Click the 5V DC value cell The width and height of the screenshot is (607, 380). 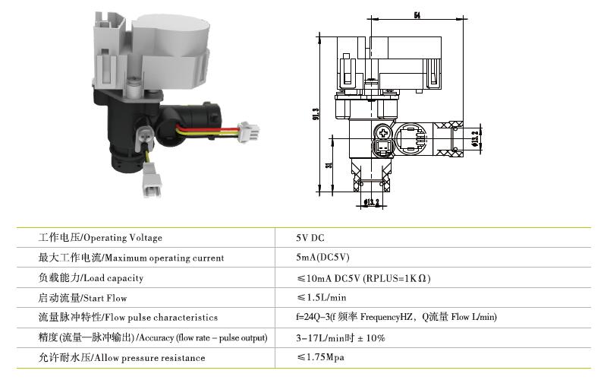310,238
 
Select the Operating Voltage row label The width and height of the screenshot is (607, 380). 100,238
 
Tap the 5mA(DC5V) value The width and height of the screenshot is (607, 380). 322,257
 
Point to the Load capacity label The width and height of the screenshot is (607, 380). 91,277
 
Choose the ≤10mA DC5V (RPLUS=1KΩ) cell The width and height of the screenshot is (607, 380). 363,278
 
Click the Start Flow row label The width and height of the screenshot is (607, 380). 83,298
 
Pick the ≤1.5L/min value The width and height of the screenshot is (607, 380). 321,297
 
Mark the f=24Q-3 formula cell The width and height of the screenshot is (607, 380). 396,317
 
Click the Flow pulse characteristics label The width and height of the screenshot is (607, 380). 128,317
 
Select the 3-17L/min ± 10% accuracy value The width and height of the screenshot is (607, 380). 340,337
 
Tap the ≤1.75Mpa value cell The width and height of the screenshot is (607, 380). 320,356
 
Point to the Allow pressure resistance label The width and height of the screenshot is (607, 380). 121,357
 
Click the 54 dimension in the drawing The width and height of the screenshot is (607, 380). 417,15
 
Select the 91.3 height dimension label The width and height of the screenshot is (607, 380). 316,113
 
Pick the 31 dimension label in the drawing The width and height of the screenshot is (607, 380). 329,165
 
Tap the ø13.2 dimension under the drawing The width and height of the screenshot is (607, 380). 371,202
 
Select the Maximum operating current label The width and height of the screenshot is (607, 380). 131,258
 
